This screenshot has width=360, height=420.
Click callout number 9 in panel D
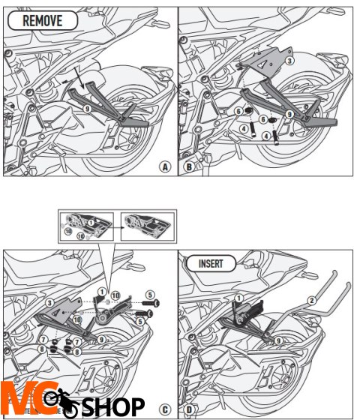279,340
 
